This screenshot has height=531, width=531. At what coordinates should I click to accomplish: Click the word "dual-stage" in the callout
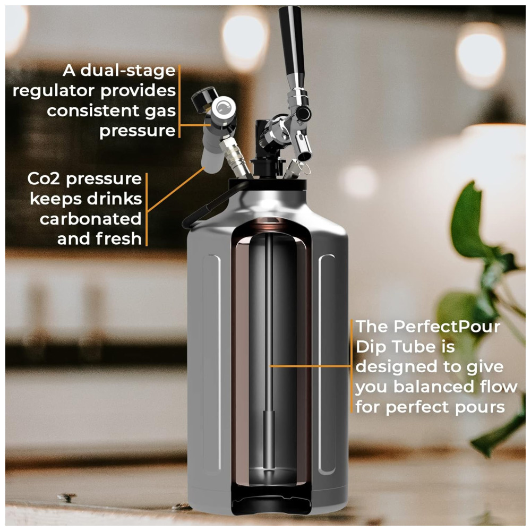tap(128, 70)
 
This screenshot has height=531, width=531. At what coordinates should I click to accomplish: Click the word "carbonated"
tap(91, 219)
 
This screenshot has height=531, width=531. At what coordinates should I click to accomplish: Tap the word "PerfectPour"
tap(447, 327)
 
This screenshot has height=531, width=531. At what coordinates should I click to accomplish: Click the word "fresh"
tap(118, 239)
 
